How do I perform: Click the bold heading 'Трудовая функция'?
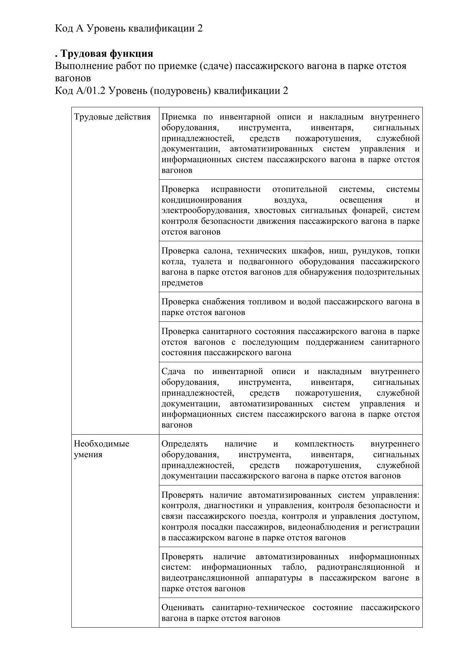pos(107,53)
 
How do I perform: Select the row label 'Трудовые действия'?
pos(112,117)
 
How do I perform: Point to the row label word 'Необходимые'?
pos(101,444)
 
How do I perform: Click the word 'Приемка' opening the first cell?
pos(179,117)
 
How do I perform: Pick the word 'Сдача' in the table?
pos(173,372)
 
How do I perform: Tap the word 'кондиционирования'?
pos(201,200)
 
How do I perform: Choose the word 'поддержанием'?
pos(335,342)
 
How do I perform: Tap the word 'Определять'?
pos(185,444)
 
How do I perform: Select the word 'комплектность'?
pos(324,444)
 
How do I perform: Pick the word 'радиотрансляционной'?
pos(360,567)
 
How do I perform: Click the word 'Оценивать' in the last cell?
pos(183,608)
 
